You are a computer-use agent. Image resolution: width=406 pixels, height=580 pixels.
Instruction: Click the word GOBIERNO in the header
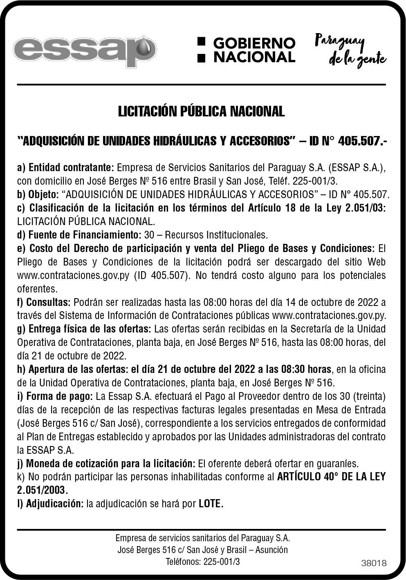pyautogui.click(x=254, y=43)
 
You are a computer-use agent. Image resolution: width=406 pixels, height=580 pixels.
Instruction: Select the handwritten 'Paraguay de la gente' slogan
pyautogui.click(x=350, y=51)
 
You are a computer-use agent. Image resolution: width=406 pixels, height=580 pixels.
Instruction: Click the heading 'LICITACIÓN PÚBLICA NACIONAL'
pyautogui.click(x=201, y=111)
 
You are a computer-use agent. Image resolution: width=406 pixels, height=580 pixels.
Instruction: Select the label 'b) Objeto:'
pyautogui.click(x=38, y=194)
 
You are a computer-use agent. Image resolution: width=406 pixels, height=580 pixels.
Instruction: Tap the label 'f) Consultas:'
pyautogui.click(x=44, y=302)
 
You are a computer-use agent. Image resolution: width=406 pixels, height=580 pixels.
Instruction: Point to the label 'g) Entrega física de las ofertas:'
pyautogui.click(x=84, y=329)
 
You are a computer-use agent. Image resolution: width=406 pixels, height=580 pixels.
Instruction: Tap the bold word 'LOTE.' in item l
pyautogui.click(x=211, y=504)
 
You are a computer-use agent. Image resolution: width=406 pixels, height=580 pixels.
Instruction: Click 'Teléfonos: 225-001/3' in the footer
pyautogui.click(x=202, y=562)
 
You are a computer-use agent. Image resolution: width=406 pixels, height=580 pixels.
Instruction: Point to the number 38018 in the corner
pyautogui.click(x=374, y=563)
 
